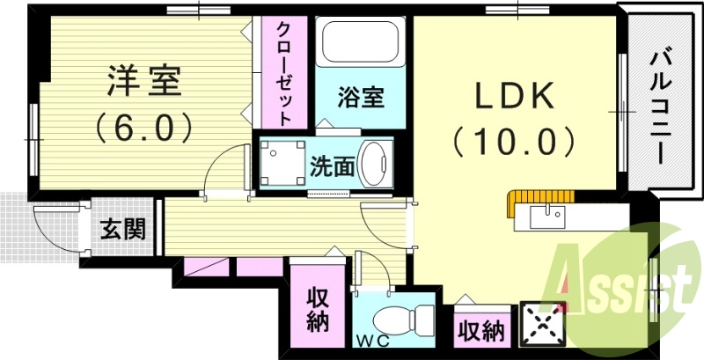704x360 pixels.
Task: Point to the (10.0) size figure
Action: pyautogui.click(x=516, y=140)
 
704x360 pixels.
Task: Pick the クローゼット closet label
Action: pyautogui.click(x=283, y=72)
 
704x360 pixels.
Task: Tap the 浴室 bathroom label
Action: pyautogui.click(x=361, y=97)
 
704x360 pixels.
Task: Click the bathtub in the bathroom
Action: pyautogui.click(x=361, y=42)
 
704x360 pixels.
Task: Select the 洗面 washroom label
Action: pyautogui.click(x=331, y=165)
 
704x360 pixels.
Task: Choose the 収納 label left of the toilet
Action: pyautogui.click(x=317, y=310)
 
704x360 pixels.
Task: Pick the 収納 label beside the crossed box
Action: pyautogui.click(x=480, y=332)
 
